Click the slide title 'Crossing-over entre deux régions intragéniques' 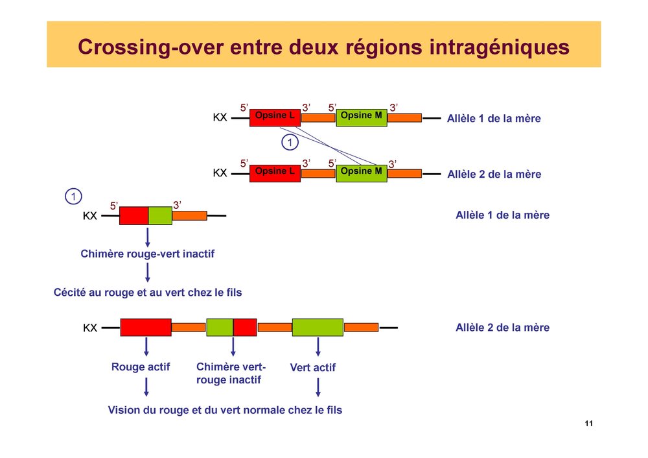click(x=323, y=47)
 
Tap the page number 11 click(x=588, y=424)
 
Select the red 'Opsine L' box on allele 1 click(x=275, y=117)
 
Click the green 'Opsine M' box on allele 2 click(x=361, y=173)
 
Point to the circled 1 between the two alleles click(x=290, y=141)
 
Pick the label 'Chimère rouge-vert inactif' click(x=147, y=254)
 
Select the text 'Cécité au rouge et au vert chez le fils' click(x=147, y=293)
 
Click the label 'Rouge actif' click(x=141, y=367)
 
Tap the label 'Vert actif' click(x=313, y=368)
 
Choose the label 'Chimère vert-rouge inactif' click(x=231, y=374)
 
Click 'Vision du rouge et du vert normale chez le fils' click(x=225, y=410)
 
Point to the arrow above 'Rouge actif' click(x=146, y=346)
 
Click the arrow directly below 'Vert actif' click(x=318, y=387)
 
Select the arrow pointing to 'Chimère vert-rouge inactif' click(x=233, y=346)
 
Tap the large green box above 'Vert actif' click(x=318, y=327)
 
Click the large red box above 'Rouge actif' click(x=146, y=327)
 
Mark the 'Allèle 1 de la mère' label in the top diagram click(x=494, y=119)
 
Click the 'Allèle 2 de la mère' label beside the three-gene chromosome click(x=502, y=328)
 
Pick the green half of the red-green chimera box click(x=160, y=215)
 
